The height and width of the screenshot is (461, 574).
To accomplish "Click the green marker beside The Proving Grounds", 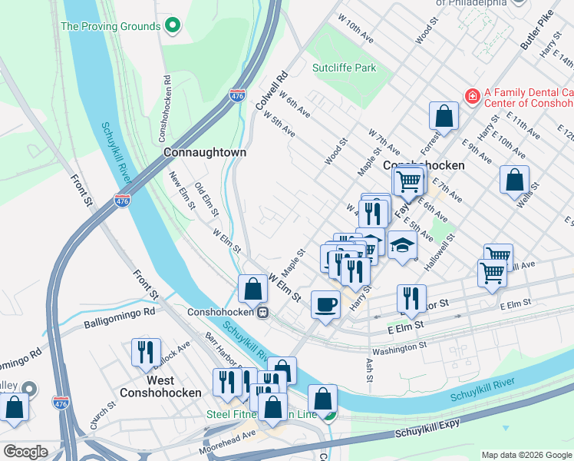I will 173,26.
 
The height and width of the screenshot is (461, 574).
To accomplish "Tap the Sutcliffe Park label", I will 345,68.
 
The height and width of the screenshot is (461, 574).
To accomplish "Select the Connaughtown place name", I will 205,152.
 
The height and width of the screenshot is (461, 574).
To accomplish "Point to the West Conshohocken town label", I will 160,386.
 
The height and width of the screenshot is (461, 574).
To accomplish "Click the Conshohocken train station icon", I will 262,313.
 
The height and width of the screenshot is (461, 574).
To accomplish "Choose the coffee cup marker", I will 325,304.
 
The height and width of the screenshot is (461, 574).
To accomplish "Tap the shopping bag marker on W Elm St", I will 252,290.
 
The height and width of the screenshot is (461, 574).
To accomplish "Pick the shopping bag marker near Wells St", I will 514,180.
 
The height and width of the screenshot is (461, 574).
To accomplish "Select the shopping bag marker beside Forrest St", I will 444,117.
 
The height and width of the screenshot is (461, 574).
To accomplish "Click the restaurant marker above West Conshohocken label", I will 146,352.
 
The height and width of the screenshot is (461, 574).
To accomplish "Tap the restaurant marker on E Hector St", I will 411,299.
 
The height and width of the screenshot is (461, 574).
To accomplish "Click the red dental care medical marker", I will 473,96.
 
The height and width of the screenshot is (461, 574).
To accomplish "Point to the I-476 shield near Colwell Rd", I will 237,96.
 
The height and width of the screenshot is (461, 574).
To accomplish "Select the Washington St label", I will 399,347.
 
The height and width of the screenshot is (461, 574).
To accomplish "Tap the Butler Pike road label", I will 536,32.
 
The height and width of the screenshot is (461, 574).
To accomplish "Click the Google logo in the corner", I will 25,451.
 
